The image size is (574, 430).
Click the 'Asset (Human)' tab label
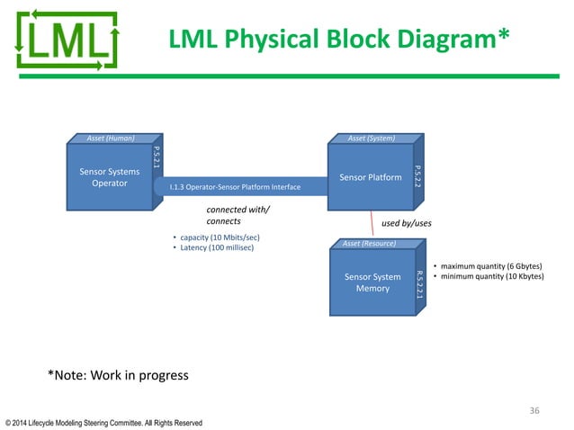[111, 139]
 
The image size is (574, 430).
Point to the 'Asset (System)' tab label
[372, 139]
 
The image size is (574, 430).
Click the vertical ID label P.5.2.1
[157, 162]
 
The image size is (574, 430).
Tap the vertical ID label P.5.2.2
[417, 176]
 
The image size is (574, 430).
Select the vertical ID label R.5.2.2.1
[418, 282]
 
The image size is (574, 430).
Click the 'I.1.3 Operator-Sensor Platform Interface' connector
[234, 187]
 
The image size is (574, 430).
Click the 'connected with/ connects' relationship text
[238, 215]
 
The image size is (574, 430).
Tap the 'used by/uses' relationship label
[408, 221]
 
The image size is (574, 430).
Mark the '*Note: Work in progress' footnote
[118, 375]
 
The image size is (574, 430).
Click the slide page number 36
[534, 410]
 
